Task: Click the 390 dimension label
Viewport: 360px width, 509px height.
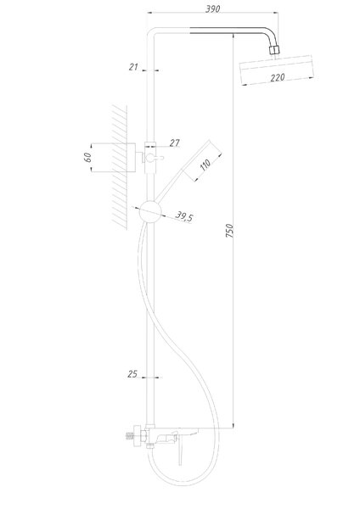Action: pos(213,8)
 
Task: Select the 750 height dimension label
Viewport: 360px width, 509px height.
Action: pos(229,231)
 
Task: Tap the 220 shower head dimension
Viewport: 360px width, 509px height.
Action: pos(278,77)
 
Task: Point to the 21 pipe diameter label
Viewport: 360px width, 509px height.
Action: pos(133,67)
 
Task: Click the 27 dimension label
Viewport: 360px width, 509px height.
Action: pos(174,143)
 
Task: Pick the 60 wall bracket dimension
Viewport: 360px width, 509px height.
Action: pos(87,158)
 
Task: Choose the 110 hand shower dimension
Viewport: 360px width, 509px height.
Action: pos(205,165)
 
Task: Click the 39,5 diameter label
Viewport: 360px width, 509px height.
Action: pos(184,216)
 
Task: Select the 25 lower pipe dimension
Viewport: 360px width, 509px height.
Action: pos(132,374)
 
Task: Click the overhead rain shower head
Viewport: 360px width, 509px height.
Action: pos(277,70)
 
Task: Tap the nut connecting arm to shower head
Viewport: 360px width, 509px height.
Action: pos(274,50)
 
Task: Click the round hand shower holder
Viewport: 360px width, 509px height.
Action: pos(150,211)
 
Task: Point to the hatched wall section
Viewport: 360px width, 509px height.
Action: pos(119,167)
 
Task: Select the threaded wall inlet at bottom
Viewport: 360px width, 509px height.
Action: pos(130,436)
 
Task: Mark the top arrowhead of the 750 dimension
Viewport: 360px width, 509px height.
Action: pos(233,36)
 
